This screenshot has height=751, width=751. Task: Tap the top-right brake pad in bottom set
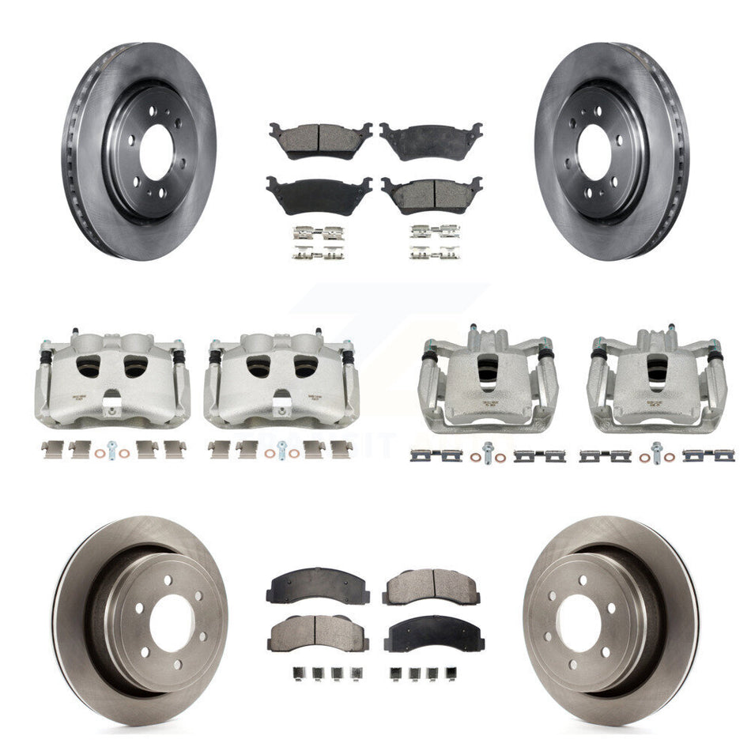(x=431, y=585)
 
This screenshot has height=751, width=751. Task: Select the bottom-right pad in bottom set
(x=431, y=632)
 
